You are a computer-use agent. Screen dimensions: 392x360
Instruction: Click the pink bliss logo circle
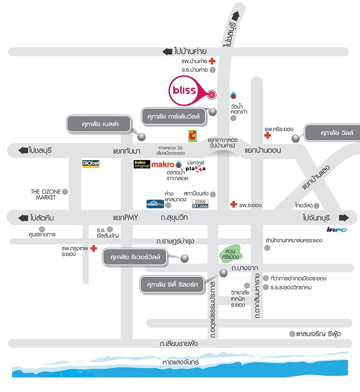coord(184,90)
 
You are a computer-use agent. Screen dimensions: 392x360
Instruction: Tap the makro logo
coord(163,165)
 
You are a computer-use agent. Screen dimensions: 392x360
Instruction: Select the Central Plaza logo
coord(196,166)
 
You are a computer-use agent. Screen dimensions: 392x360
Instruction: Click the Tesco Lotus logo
coord(200,204)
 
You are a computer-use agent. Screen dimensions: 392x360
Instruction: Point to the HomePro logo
coord(155,204)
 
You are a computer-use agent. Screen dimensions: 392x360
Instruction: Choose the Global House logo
coord(90,164)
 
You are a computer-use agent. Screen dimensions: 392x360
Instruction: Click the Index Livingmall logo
coord(142,164)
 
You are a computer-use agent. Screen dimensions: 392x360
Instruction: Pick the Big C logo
coord(192,135)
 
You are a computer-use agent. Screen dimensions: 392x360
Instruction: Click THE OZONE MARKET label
coord(43,194)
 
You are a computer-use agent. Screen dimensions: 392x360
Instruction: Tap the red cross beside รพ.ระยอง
coord(233,205)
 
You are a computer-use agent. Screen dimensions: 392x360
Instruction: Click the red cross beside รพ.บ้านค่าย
coord(211,61)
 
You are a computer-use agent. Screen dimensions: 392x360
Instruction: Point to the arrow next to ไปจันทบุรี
coord(344,218)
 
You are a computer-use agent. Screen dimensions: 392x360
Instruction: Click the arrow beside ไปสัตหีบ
coord(23,218)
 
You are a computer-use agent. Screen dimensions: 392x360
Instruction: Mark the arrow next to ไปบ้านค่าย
coord(167,52)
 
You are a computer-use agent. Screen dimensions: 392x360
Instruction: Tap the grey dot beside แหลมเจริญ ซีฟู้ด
coord(292,334)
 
